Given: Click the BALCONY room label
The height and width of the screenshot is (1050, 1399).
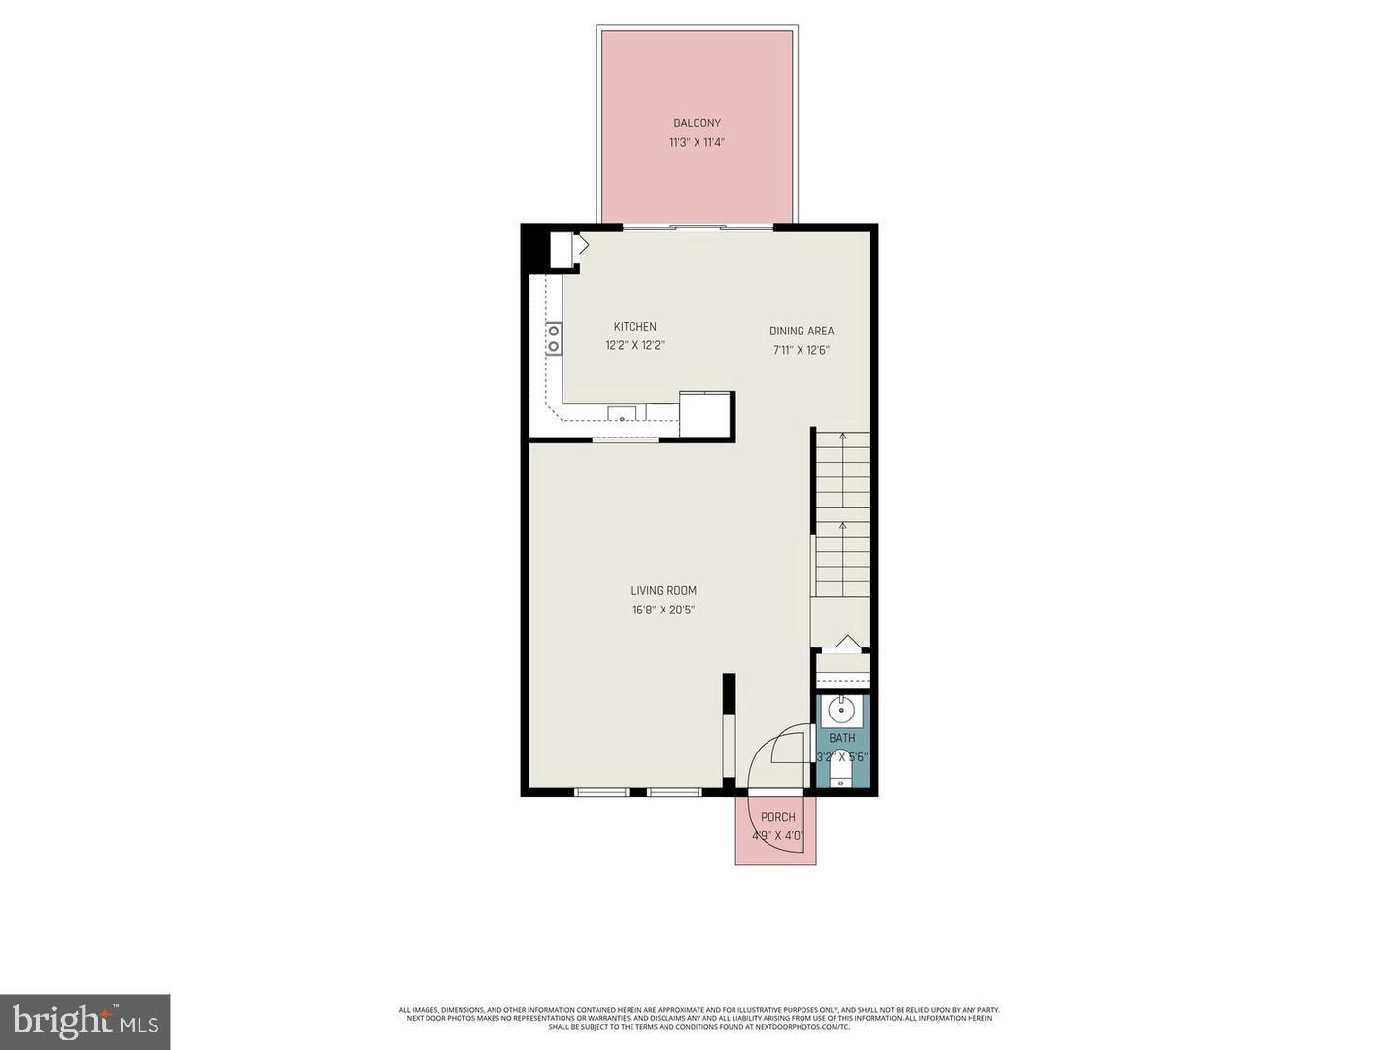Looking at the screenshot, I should coord(697,123).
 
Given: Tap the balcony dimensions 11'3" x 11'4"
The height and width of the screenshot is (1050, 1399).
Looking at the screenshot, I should coord(697,143).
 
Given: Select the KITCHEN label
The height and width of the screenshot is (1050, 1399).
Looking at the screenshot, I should coord(634,327).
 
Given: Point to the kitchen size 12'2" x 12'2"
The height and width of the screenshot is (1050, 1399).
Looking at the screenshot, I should coord(634,345).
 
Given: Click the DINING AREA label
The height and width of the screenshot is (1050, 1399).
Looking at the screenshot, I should coord(802,331).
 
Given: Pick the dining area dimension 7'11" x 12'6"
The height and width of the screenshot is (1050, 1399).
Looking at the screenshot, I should coord(802,350).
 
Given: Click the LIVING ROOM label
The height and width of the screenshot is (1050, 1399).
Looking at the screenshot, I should coord(664,591).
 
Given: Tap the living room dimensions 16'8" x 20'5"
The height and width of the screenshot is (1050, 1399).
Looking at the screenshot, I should coord(664,611).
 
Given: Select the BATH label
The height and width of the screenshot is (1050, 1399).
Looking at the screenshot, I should coord(842,739).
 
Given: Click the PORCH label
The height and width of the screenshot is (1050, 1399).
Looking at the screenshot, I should coord(777,817).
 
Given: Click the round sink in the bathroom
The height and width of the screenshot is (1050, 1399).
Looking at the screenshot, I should coord(840,712).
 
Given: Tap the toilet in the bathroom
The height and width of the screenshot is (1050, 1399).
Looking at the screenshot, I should coord(841,773).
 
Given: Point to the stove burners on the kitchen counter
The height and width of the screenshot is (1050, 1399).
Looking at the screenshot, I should coord(553,338).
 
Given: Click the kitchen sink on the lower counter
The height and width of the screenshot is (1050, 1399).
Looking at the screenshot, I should coord(623,414).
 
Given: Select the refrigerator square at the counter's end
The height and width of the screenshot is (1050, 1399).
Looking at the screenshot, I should coord(705,412).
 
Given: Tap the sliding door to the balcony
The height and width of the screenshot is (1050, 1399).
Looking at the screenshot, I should coord(698,227).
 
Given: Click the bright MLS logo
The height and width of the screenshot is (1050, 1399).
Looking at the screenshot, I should coord(85,1021).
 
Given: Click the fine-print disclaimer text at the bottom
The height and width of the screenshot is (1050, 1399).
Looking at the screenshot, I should coord(699,1018).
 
